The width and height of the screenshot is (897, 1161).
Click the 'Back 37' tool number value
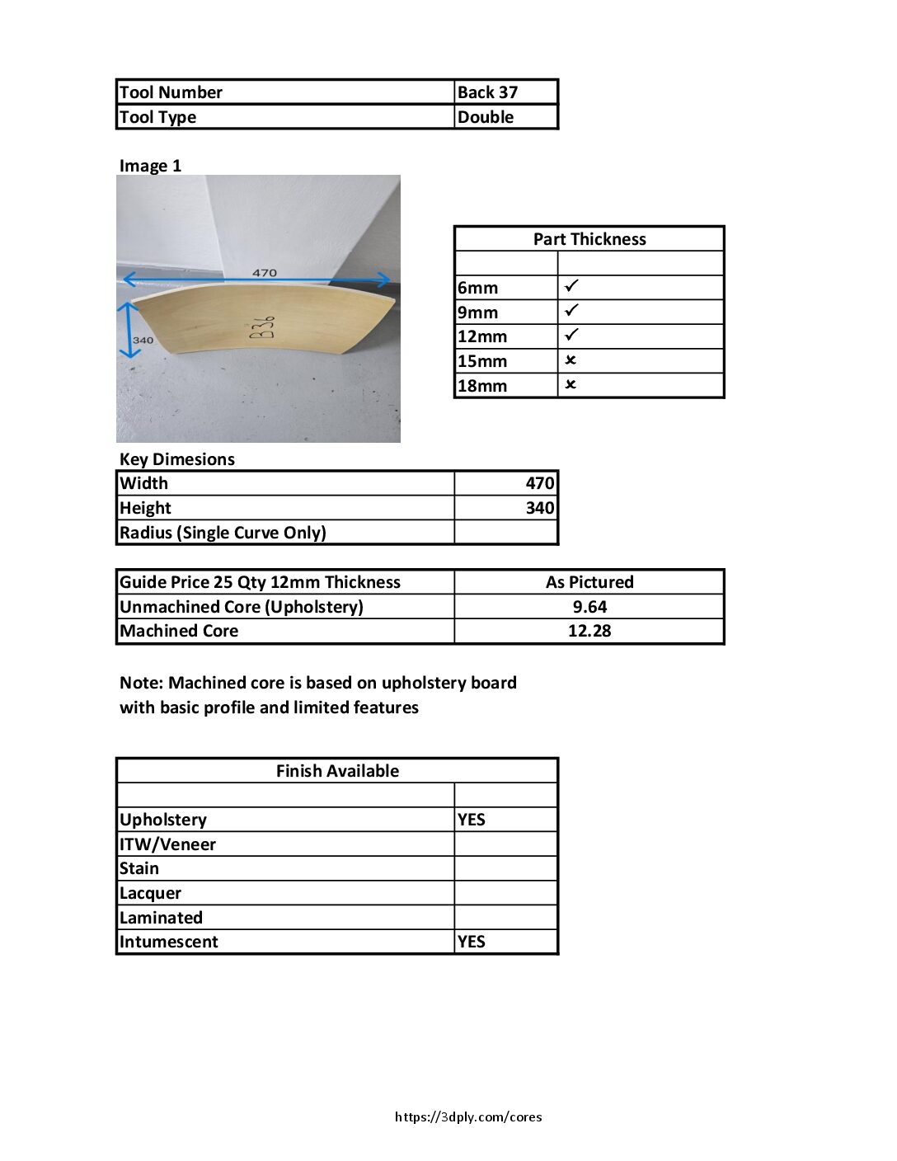coord(487,92)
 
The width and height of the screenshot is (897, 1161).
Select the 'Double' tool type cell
coord(486,117)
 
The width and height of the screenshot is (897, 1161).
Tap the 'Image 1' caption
coord(150,166)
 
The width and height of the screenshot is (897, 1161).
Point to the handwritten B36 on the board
coord(262,327)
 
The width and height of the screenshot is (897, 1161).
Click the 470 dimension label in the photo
coord(265,273)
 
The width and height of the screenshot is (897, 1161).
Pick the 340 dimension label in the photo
coord(143,340)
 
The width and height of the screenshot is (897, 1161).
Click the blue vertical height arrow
coord(129,330)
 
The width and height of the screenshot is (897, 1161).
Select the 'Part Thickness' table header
coord(589,239)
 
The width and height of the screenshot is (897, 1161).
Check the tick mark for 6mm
coord(571,286)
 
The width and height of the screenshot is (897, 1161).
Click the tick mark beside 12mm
coord(571,335)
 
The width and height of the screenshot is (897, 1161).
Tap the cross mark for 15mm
coord(571,360)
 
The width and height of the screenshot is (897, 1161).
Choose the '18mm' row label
coord(482,386)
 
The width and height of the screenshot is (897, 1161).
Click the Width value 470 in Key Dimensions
coord(540,483)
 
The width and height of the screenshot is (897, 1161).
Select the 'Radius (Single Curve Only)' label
coord(223,533)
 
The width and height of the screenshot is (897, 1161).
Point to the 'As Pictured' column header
coord(589,582)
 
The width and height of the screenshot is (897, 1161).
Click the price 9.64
coord(589,607)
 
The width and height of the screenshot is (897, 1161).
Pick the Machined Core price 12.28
coord(589,631)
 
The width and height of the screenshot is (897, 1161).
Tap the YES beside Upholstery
coord(472,820)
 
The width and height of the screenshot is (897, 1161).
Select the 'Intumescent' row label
coord(169,942)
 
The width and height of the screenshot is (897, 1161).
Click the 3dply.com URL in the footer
coord(468,1117)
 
